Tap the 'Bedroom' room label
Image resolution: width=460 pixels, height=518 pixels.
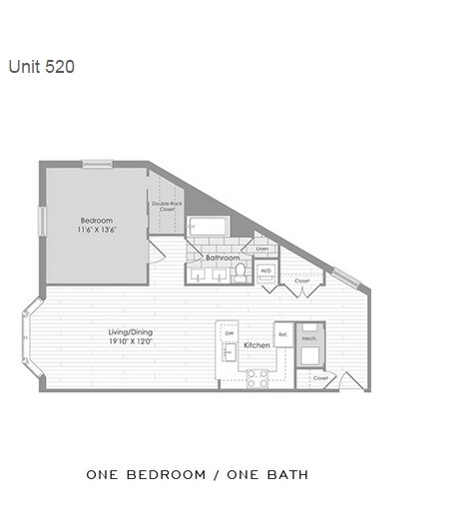97,221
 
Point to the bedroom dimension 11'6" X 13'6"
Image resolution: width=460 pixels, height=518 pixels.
97,230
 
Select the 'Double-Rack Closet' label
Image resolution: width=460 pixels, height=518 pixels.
166,208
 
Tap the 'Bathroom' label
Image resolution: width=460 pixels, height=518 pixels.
223,258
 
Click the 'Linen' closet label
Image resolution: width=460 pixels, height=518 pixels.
261,249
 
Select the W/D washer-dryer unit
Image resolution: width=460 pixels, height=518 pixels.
266,270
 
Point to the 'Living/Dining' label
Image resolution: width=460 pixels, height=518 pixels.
131,332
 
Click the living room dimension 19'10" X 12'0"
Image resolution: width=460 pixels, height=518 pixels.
131,341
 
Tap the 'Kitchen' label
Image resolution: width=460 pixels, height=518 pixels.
256,345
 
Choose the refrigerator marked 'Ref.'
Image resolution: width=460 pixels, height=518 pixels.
283,334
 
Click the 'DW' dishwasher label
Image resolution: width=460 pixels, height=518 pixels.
229,333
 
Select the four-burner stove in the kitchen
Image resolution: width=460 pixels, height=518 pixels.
257,377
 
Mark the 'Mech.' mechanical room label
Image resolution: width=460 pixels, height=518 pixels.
309,337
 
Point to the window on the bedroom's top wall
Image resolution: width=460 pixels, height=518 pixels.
97,164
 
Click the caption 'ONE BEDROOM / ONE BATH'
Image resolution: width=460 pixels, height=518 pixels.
197,474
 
